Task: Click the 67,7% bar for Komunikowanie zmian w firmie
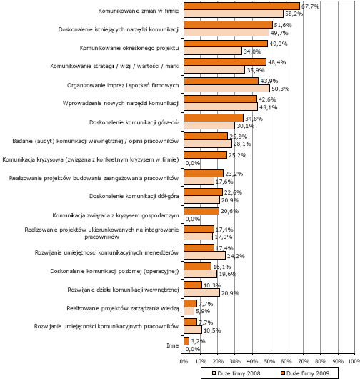pos(241,6)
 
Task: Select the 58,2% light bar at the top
pos(234,14)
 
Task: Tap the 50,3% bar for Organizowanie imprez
pos(226,88)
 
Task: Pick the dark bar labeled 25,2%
pos(206,155)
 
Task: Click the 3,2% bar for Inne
pos(186,341)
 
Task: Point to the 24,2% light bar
pos(204,255)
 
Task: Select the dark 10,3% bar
pos(193,285)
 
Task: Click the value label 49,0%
pos(278,44)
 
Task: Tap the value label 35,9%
pos(256,70)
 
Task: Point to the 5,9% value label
pos(203,311)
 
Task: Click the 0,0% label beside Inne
pos(193,349)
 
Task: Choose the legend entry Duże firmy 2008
pos(236,373)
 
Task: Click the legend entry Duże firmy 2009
pos(305,373)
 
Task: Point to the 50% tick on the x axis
pos(269,361)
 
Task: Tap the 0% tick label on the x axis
pos(184,361)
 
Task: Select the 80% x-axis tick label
pos(321,361)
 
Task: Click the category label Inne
pos(172,345)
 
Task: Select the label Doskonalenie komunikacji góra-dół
pos(134,122)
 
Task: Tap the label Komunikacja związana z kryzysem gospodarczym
pos(116,215)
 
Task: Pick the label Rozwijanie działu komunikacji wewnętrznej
pos(123,290)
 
